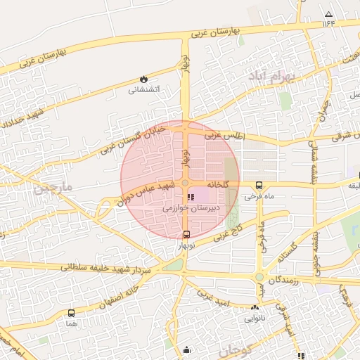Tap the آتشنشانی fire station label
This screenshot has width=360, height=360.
[144, 89]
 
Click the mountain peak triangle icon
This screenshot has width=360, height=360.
[328, 13]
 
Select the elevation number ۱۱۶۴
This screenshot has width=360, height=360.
[328, 23]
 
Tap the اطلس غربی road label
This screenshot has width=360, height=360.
[222, 134]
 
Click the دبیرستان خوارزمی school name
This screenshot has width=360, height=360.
[191, 208]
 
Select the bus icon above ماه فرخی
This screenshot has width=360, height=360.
[259, 186]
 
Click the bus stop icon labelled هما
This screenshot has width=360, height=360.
[71, 314]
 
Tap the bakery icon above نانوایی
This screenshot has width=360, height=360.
[255, 307]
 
